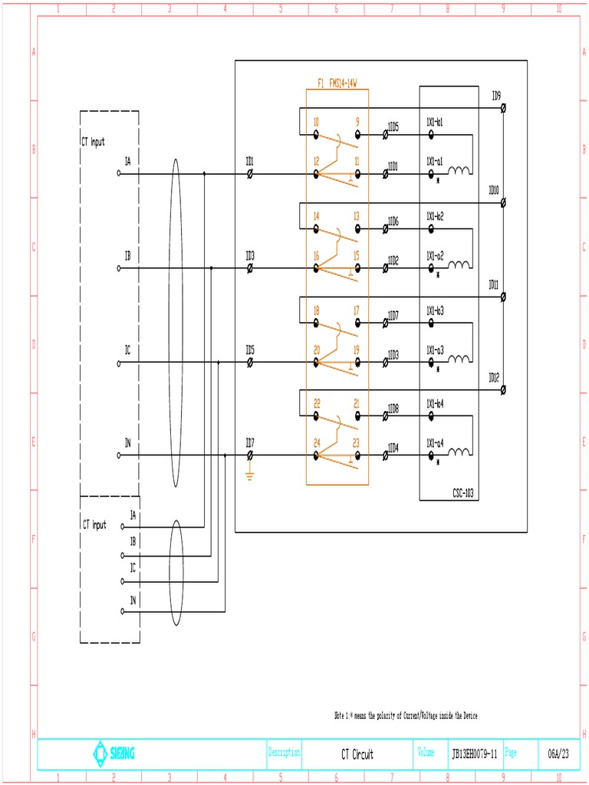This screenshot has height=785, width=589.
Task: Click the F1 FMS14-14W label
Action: pyautogui.click(x=337, y=83)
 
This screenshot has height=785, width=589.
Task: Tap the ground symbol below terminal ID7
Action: pyautogui.click(x=249, y=475)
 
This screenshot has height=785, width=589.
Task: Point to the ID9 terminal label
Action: pyautogui.click(x=496, y=96)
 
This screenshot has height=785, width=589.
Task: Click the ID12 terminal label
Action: pyautogui.click(x=494, y=377)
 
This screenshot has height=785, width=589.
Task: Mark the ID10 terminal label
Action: pyautogui.click(x=494, y=189)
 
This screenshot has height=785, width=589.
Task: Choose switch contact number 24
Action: pyautogui.click(x=316, y=442)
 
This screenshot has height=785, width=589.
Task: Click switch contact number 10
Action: pyautogui.click(x=316, y=122)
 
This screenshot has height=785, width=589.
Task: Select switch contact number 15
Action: pyautogui.click(x=357, y=255)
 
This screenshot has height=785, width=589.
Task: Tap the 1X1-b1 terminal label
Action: pyautogui.click(x=435, y=122)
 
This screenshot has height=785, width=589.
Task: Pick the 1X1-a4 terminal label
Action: pyautogui.click(x=435, y=442)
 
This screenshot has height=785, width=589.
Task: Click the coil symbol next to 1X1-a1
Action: pyautogui.click(x=460, y=170)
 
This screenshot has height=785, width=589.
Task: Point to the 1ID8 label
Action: pyautogui.click(x=393, y=409)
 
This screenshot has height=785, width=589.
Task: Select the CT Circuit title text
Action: pyautogui.click(x=357, y=754)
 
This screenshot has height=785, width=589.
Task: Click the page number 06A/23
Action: pyautogui.click(x=558, y=754)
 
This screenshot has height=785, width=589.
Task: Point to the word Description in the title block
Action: pyautogui.click(x=284, y=753)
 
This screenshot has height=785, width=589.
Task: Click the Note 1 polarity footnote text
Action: pyautogui.click(x=406, y=715)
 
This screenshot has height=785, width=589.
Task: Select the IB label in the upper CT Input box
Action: pyautogui.click(x=128, y=255)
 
